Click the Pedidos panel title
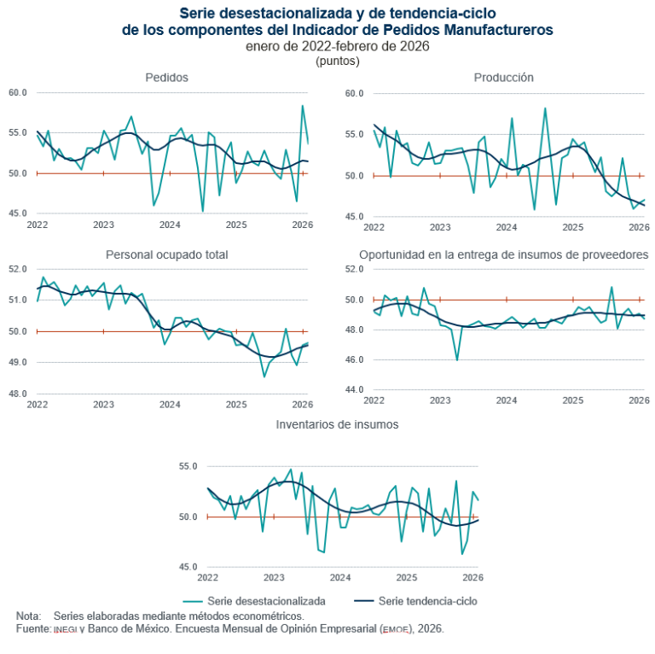(x=166, y=78)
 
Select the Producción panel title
(x=503, y=78)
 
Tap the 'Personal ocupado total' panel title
(x=166, y=254)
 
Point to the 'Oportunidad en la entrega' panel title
(x=503, y=254)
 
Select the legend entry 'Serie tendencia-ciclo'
(x=426, y=601)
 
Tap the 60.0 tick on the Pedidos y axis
(x=18, y=92)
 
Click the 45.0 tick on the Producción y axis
(x=354, y=217)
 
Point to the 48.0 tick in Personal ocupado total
(x=18, y=394)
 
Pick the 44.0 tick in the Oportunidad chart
(x=354, y=390)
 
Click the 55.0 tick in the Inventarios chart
(x=188, y=467)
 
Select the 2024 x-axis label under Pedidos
(x=170, y=225)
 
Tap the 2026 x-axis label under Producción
(x=639, y=228)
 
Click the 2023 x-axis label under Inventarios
(x=274, y=578)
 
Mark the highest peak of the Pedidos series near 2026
(x=302, y=106)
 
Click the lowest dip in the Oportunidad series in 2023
(x=457, y=360)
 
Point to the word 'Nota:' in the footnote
(x=29, y=616)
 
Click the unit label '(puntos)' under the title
(x=337, y=61)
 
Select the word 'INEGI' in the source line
(x=65, y=629)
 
